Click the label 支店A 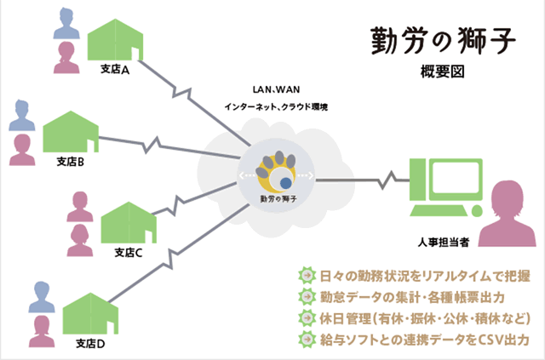[x=115, y=70]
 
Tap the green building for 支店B [x=71, y=131]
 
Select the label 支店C [x=129, y=253]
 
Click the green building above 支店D [x=90, y=313]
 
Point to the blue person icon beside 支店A [x=66, y=23]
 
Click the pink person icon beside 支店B [x=22, y=150]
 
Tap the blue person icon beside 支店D [x=42, y=297]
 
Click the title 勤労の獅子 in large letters [x=443, y=41]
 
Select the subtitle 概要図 [x=442, y=71]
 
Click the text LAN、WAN [x=276, y=89]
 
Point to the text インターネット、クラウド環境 [x=276, y=106]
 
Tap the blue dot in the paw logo [x=286, y=183]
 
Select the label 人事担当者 [x=444, y=243]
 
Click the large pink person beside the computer [x=508, y=214]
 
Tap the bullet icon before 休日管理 [x=307, y=318]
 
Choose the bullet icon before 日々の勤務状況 [x=307, y=275]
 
